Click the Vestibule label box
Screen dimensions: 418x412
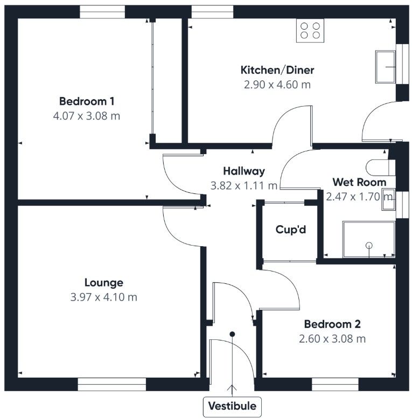(233, 406)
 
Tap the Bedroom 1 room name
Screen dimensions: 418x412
(87, 101)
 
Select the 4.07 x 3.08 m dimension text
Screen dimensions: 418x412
(87, 116)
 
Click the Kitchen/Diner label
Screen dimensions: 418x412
(277, 70)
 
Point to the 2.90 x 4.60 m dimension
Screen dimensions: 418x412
(277, 85)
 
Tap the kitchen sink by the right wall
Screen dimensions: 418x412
(386, 67)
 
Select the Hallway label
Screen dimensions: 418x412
(245, 171)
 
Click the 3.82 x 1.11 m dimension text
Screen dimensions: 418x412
(245, 186)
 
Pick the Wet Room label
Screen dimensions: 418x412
(359, 182)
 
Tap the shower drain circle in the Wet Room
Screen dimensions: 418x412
(369, 246)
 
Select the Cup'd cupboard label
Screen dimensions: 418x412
(290, 229)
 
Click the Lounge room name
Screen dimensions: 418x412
(104, 283)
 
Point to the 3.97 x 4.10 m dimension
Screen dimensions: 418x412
(104, 297)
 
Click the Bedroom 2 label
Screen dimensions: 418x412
(332, 324)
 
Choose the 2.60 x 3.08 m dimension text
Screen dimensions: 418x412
(332, 339)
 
